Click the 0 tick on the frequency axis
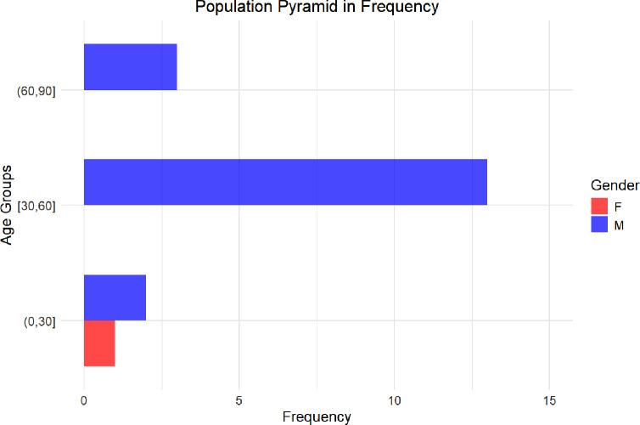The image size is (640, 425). [84, 399]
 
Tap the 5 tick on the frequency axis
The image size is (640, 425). [239, 399]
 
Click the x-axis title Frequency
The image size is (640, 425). [316, 416]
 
